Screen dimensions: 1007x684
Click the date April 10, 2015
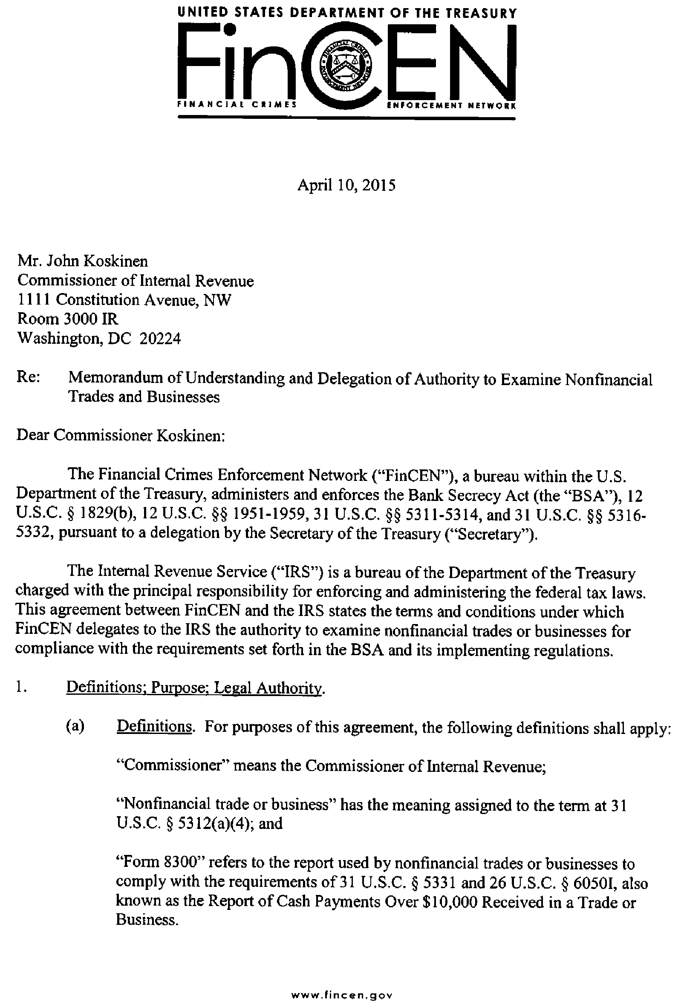pyautogui.click(x=346, y=185)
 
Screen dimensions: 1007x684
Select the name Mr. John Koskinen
pyautogui.click(x=82, y=261)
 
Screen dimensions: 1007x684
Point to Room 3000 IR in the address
pyautogui.click(x=68, y=319)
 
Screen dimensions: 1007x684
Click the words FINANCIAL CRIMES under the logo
pyautogui.click(x=237, y=105)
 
